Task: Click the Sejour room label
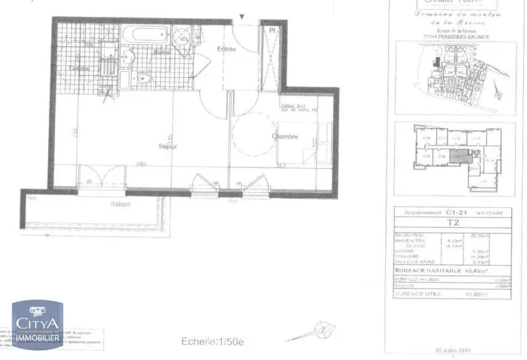(x=168, y=146)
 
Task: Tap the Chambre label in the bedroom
(x=285, y=136)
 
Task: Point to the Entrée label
(x=226, y=49)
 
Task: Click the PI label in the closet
(x=272, y=30)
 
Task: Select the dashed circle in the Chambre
(x=253, y=139)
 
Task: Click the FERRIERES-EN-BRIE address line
(x=456, y=36)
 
